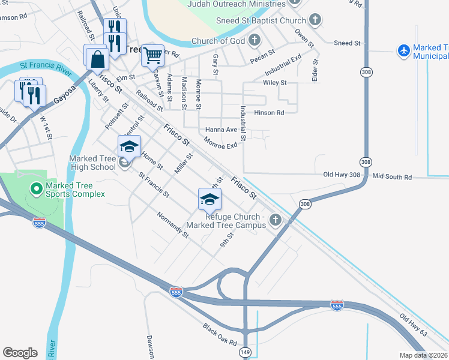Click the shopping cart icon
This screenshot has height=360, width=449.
pyautogui.click(x=152, y=55)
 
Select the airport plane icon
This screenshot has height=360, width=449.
pyautogui.click(x=404, y=51)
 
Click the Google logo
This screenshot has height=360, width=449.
pyautogui.click(x=20, y=353)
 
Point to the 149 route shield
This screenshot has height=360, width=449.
pyautogui.click(x=246, y=352)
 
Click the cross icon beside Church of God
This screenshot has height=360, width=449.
pyautogui.click(x=255, y=41)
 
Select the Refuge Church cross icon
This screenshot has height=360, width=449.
pyautogui.click(x=276, y=220)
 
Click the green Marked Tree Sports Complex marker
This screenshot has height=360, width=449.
pyautogui.click(x=36, y=189)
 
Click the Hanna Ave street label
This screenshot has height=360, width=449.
pyautogui.click(x=221, y=130)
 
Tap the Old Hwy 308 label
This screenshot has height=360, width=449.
pyautogui.click(x=341, y=175)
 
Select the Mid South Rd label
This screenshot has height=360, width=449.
pyautogui.click(x=392, y=177)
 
